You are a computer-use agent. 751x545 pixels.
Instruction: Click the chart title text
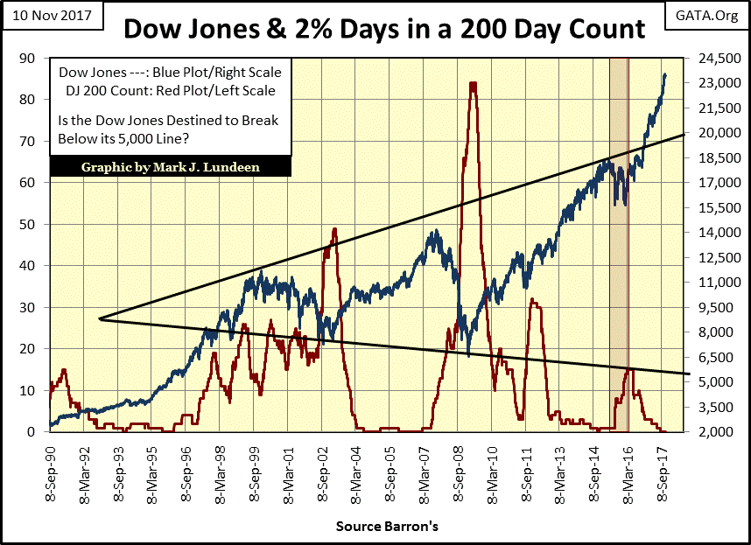[x=384, y=31]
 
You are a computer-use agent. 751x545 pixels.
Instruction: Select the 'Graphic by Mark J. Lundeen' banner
[x=170, y=167]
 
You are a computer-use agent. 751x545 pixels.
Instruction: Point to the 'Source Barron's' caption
[x=375, y=528]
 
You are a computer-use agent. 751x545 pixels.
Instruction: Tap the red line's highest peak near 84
[x=473, y=84]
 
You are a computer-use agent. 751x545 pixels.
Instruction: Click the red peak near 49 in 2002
[x=334, y=229]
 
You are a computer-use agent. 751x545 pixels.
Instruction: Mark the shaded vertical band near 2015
[x=619, y=245]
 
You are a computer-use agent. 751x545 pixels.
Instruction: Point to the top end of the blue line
[x=665, y=74]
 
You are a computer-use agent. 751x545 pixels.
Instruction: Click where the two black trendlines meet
[x=101, y=318]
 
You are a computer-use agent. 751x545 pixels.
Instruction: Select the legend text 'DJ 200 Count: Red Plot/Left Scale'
[x=166, y=90]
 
